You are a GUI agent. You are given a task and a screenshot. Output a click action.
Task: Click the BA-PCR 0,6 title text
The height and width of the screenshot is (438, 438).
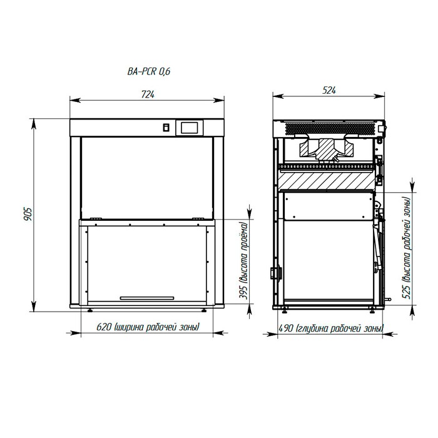149,71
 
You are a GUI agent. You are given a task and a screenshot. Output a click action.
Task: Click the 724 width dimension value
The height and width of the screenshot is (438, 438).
148,94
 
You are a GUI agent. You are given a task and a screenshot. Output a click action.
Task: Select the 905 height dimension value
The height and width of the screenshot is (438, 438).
28,214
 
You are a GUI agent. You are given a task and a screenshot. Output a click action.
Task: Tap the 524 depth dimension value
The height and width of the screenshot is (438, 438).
329,90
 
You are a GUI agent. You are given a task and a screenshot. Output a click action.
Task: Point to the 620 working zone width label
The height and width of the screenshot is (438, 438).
148,327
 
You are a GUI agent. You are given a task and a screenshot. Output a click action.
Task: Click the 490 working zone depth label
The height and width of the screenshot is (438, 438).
331,328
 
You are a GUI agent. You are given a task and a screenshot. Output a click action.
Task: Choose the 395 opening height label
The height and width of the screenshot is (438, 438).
244,261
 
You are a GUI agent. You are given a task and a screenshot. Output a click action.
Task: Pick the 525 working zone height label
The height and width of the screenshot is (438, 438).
407,248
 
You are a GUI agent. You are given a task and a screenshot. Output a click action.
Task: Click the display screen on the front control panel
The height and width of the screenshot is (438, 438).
189,128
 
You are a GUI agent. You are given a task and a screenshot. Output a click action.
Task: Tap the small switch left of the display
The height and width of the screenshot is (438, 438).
166,128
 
